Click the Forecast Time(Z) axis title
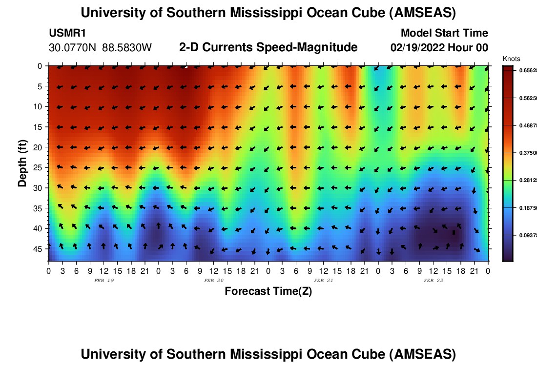268,291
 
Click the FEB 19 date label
103,281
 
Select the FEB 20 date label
213,281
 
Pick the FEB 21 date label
323,281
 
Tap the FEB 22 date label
433,281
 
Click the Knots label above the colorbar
511,59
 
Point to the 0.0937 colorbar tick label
529,235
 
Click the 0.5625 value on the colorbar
529,98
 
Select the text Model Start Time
444,33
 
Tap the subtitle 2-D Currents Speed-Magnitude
268,47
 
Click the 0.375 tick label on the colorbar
529,153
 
